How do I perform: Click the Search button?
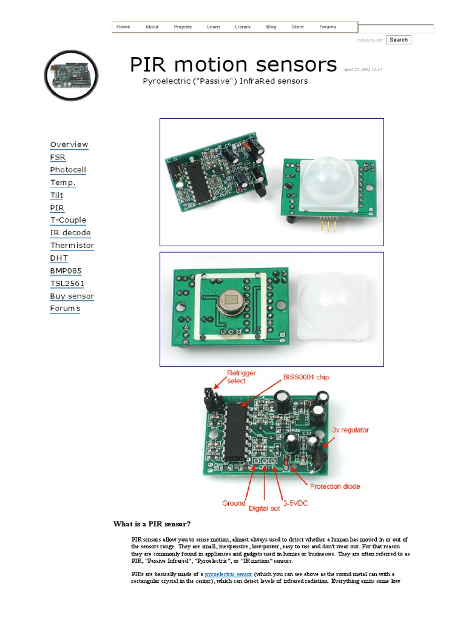(x=399, y=40)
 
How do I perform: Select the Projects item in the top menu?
(x=183, y=27)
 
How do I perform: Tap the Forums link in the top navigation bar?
(x=328, y=27)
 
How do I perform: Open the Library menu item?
(x=243, y=27)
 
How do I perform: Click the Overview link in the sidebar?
(x=69, y=144)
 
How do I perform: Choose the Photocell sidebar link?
(x=68, y=170)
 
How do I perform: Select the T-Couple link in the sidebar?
(x=68, y=220)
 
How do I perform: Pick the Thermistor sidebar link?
(x=72, y=246)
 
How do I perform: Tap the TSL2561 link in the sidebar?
(x=67, y=283)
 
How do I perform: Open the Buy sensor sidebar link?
(x=72, y=296)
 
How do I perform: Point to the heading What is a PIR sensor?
(x=155, y=524)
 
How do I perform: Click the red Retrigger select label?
(x=236, y=377)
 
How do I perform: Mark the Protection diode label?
(x=335, y=486)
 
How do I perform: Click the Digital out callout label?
(x=265, y=508)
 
